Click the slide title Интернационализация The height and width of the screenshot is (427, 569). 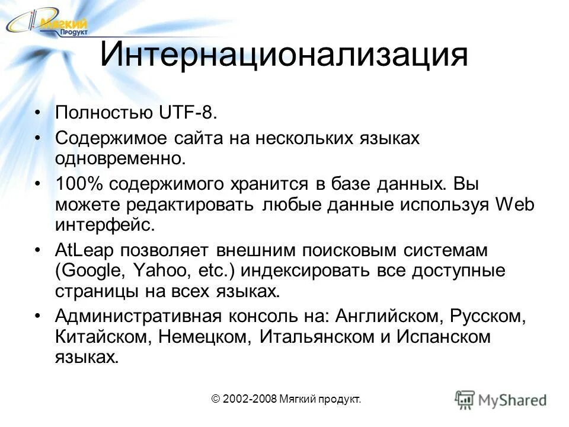tap(284, 55)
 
